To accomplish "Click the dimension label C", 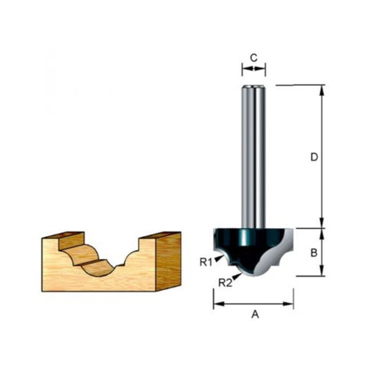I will coord(253,58).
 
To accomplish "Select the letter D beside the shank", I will coord(314,157).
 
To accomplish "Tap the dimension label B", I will coord(313,253).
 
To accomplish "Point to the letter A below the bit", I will coord(254,315).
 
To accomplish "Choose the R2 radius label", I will coord(225,282).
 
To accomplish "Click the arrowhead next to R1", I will coord(218,257).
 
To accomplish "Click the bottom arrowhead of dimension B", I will coord(322,271).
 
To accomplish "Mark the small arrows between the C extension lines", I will coord(253,69).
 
